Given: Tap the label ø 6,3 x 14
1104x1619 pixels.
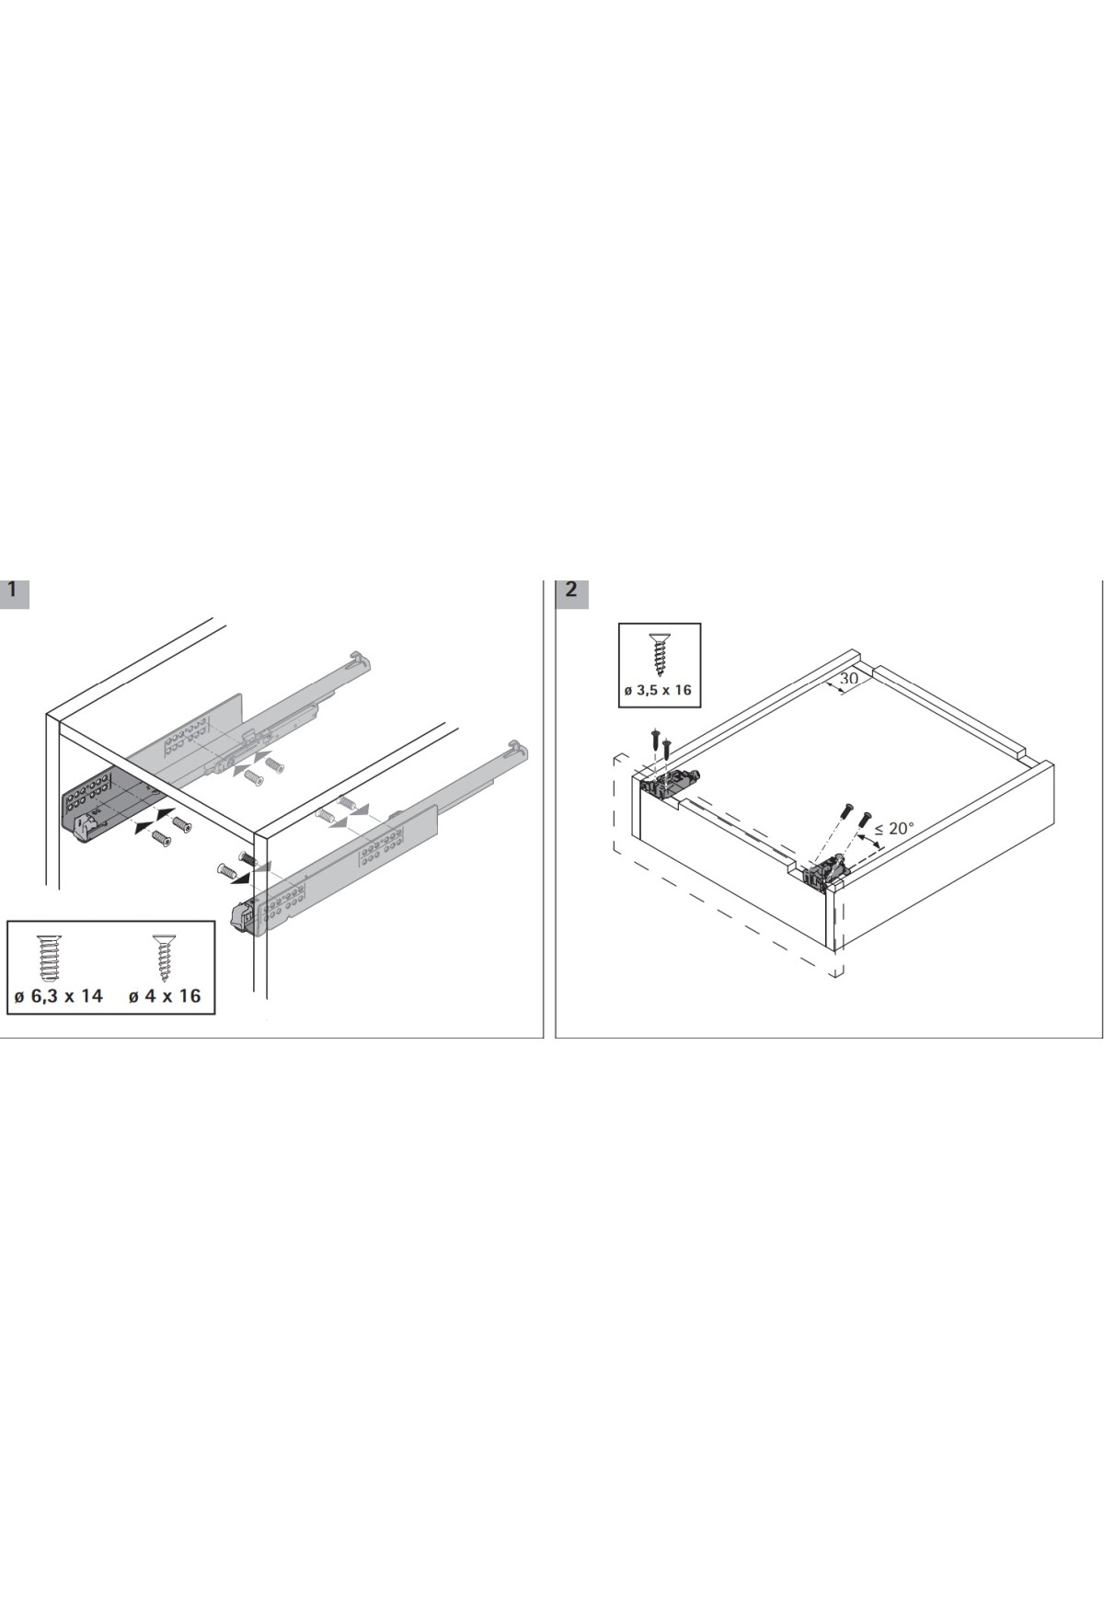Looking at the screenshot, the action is click(59, 995).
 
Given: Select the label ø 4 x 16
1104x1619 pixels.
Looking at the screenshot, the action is click(165, 995).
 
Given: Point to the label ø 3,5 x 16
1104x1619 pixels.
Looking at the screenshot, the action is click(659, 690).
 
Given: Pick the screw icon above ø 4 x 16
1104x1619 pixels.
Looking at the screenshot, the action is click(163, 958).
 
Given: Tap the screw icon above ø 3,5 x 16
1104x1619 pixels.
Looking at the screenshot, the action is click(659, 652).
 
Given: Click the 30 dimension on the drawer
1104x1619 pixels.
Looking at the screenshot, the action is click(848, 679).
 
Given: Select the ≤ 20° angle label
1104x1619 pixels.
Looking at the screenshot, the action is click(894, 829).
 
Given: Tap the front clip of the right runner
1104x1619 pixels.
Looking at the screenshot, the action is click(243, 916).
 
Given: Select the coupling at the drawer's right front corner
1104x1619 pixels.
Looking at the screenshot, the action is click(825, 869).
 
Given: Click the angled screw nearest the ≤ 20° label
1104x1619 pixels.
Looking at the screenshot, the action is click(863, 818).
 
